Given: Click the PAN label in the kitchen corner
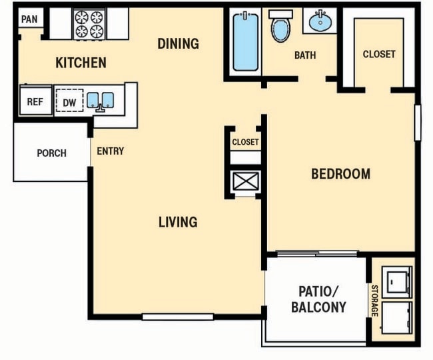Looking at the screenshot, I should [x=29, y=19].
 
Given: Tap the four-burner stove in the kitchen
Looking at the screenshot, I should [x=89, y=24].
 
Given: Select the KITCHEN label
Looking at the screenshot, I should [x=81, y=63].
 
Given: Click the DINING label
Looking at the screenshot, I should [x=178, y=44].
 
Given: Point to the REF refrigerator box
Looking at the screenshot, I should [x=35, y=103].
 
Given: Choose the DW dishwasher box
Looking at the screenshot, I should [x=69, y=103].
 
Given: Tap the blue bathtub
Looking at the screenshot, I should [x=245, y=42].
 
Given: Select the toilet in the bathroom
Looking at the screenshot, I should [x=280, y=27].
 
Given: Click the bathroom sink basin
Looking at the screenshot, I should [x=321, y=22].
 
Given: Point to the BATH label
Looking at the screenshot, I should [x=305, y=55].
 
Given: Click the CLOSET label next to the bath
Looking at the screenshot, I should [x=379, y=54].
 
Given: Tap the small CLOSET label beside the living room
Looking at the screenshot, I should [x=245, y=142].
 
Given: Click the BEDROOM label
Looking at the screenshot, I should [x=340, y=174].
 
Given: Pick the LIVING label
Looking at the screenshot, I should [x=178, y=222].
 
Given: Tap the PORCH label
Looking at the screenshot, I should [x=51, y=153].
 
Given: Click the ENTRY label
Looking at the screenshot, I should [x=111, y=151].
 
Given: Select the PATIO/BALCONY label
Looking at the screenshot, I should [x=318, y=299].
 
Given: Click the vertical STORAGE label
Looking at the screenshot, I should [x=374, y=301].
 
